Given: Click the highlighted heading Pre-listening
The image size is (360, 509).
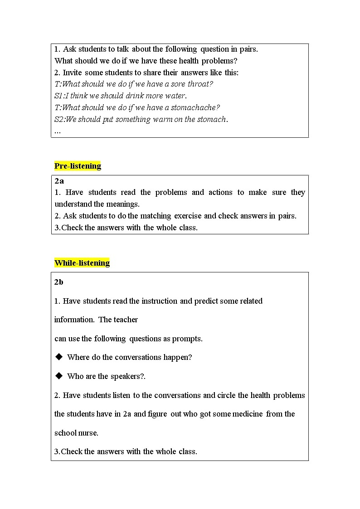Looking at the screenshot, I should coord(78,166).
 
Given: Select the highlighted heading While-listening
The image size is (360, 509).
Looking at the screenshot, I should coord(82,263).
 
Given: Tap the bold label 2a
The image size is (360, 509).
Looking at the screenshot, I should coord(59,181).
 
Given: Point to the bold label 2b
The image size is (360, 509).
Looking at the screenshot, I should coord(59,282).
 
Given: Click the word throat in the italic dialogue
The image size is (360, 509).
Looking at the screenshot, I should coord(200,84).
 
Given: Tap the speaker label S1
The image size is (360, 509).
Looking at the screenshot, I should coord(58,96).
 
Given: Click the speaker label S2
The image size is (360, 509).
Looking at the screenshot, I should coord(59,120).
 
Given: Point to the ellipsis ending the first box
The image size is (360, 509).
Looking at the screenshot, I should coord(57,131).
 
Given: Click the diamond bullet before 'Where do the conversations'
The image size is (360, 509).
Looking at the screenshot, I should coord(58,357).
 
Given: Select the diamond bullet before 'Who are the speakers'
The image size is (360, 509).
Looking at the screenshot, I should coord(58,376).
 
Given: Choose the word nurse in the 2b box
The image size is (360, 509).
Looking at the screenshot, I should coord(88,433).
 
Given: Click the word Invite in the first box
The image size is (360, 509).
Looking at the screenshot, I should coord(73,73).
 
